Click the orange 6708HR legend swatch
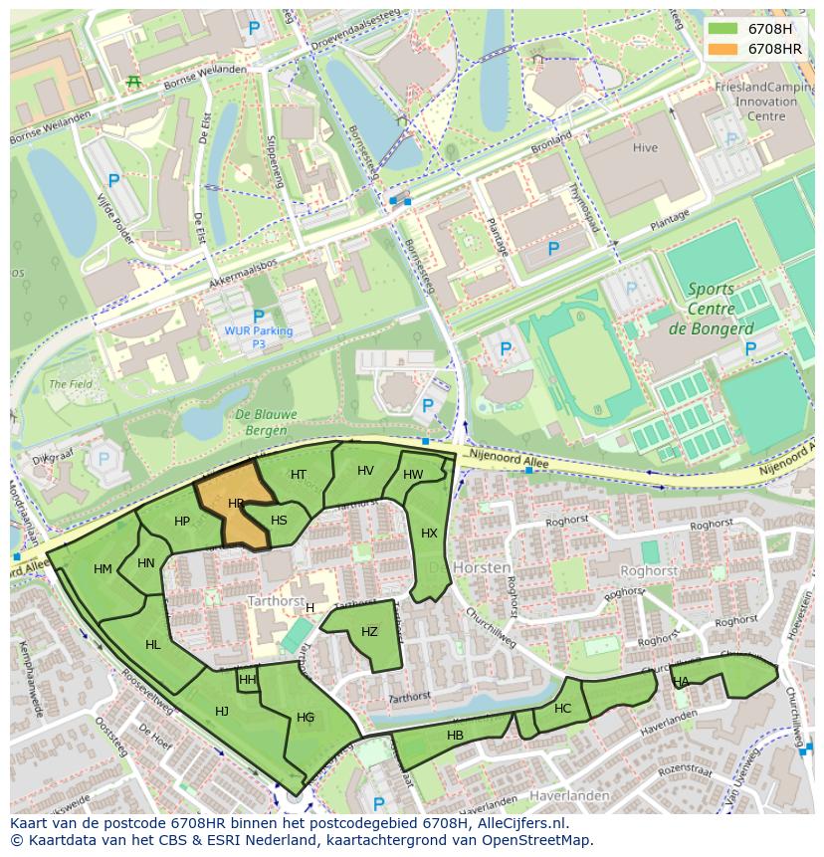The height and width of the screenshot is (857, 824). click(724, 48)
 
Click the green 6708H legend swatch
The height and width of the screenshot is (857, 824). click(724, 29)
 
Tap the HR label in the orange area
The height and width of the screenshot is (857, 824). click(236, 504)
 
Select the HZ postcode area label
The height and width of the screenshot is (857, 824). click(369, 632)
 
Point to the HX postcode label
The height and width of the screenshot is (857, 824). click(429, 534)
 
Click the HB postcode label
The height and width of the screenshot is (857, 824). click(455, 736)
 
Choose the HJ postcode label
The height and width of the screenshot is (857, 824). click(222, 711)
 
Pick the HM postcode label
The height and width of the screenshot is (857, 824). click(103, 569)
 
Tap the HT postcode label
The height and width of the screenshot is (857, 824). click(299, 475)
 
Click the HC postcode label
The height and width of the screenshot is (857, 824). click(563, 709)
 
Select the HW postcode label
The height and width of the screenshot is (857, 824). click(413, 475)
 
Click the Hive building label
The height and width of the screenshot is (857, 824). click(645, 148)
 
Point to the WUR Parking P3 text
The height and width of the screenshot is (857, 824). click(259, 336)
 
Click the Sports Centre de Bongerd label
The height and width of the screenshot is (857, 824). click(711, 309)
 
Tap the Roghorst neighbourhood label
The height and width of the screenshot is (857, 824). click(648, 571)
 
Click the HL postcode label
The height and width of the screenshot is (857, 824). click(152, 645)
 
